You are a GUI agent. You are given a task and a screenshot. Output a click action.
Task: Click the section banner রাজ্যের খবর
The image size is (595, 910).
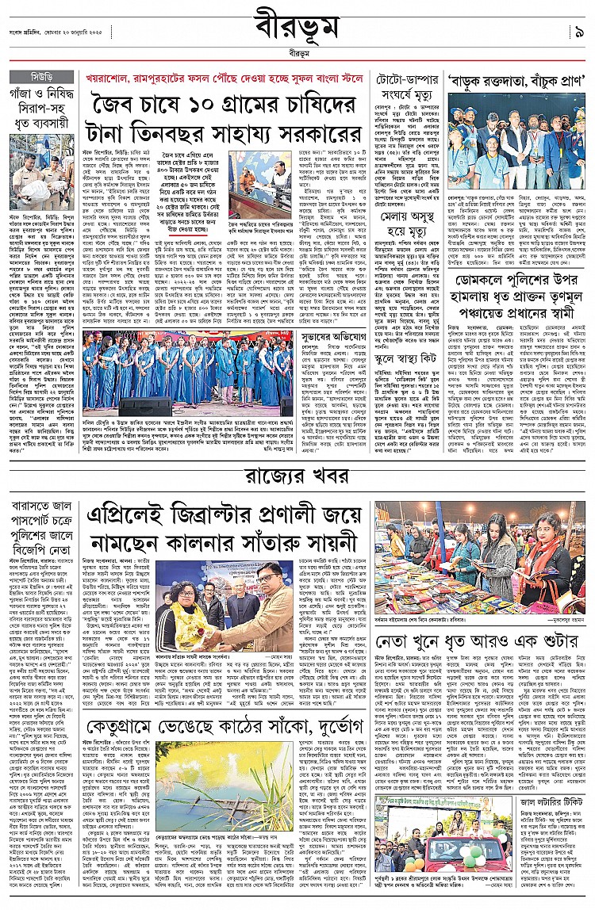pos(297,477)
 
